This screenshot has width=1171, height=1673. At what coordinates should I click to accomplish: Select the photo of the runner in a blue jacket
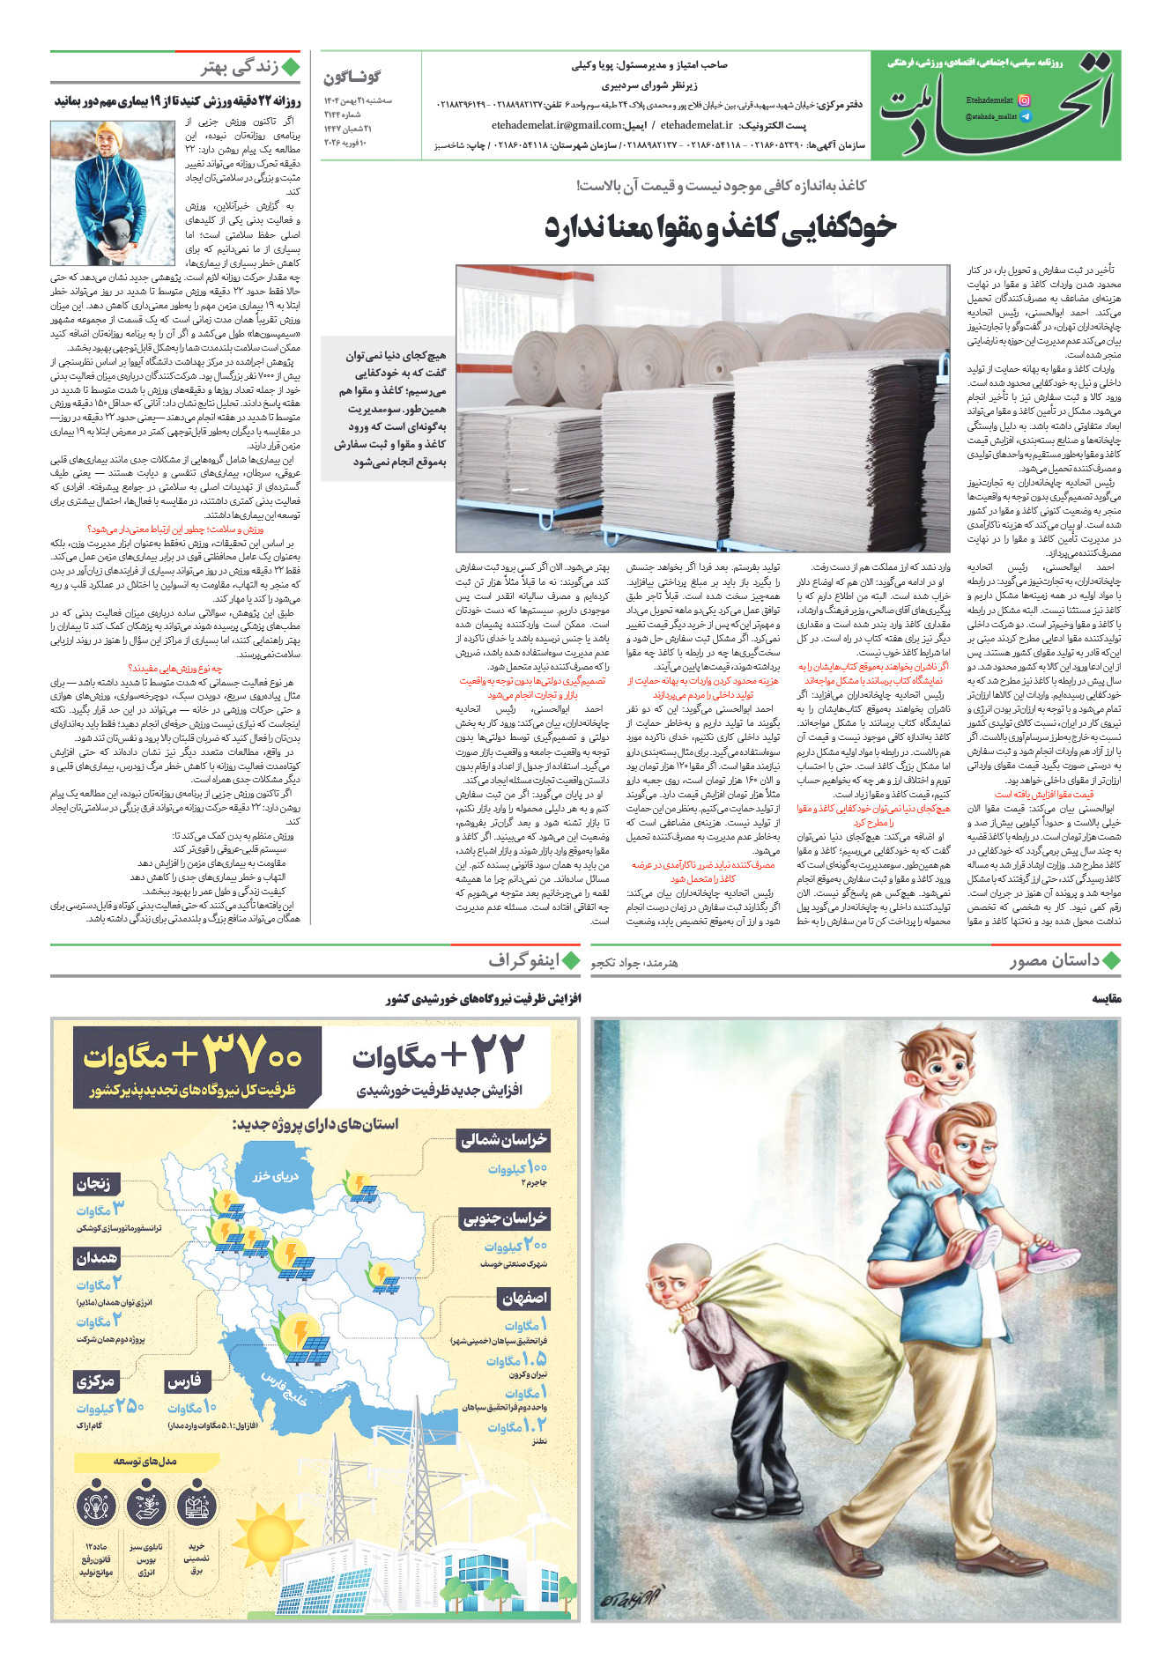pyautogui.click(x=113, y=194)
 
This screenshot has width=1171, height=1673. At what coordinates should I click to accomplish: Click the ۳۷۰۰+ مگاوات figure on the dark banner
pyautogui.click(x=192, y=1056)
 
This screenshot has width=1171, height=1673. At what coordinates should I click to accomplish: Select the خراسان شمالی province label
pyautogui.click(x=504, y=1140)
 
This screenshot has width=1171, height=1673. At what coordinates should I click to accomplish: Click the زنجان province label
pyautogui.click(x=93, y=1183)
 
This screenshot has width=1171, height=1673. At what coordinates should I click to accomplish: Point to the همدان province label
pyautogui.click(x=95, y=1258)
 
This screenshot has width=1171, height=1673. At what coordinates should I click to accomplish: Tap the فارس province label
pyautogui.click(x=184, y=1381)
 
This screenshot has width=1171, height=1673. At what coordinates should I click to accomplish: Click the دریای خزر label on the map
pyautogui.click(x=275, y=1176)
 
